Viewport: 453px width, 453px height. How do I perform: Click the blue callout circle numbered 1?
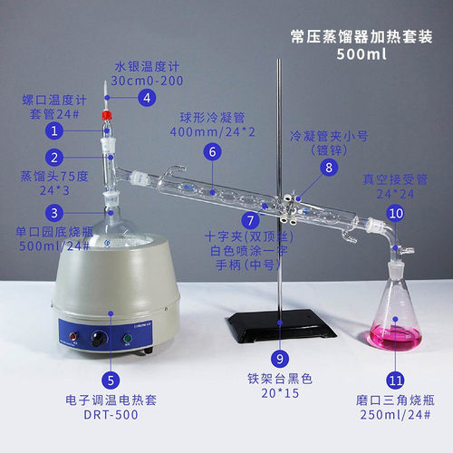point(55,130)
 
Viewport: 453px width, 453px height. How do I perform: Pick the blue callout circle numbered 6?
point(212,151)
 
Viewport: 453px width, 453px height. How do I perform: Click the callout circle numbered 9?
point(281,357)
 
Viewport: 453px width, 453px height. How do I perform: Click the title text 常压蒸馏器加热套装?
point(361,36)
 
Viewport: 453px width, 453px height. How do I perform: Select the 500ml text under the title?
point(361,54)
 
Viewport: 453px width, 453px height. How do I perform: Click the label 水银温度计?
point(144,67)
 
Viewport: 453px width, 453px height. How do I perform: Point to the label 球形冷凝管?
point(211,118)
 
